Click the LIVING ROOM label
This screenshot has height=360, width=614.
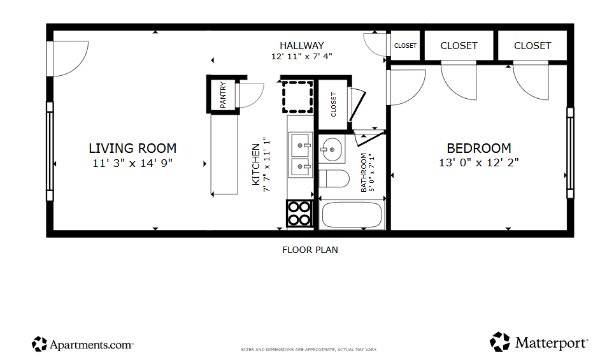(x=132, y=148)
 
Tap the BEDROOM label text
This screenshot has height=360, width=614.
(x=479, y=148)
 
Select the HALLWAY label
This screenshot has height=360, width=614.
(x=302, y=45)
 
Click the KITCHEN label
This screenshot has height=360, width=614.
(x=256, y=164)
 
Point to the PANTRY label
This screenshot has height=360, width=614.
(x=224, y=94)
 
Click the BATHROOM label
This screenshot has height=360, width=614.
(x=364, y=172)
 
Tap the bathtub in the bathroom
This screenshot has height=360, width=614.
(x=353, y=215)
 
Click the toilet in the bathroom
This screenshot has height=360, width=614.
(x=334, y=178)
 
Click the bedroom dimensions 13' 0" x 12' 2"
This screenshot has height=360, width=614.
(x=479, y=162)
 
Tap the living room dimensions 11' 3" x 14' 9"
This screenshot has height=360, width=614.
(x=132, y=163)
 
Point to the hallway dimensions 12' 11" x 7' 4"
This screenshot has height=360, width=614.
(x=302, y=56)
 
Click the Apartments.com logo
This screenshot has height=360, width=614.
(x=83, y=345)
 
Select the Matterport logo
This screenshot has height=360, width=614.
(x=539, y=342)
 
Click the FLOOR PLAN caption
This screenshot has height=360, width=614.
(x=310, y=250)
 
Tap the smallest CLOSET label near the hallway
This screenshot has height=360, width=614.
(x=405, y=46)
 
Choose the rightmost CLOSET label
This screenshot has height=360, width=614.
(x=532, y=45)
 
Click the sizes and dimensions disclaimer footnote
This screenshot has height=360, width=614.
(x=309, y=349)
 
